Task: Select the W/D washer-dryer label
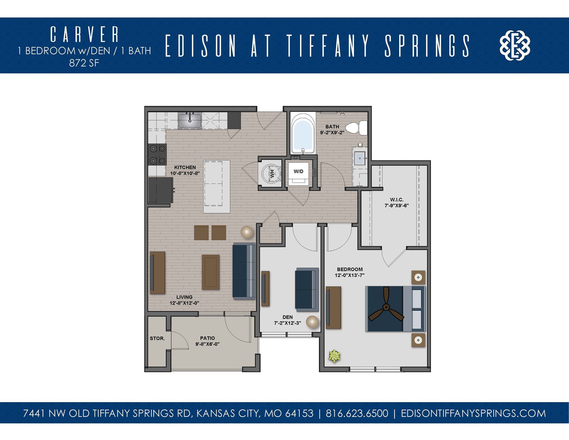[x=298, y=171]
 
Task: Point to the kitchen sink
[x=190, y=121]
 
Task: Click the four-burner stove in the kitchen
[x=157, y=154]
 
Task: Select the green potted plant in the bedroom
[x=335, y=356]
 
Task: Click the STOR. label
[x=157, y=338]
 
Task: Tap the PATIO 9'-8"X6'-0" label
[x=207, y=341]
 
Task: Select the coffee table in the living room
[x=211, y=272]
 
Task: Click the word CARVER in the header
[x=84, y=34]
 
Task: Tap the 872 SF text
[x=84, y=63]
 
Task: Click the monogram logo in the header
[x=515, y=45]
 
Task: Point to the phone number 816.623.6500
[x=357, y=413]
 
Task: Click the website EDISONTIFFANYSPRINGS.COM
[x=473, y=413]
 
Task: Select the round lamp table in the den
[x=312, y=322]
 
